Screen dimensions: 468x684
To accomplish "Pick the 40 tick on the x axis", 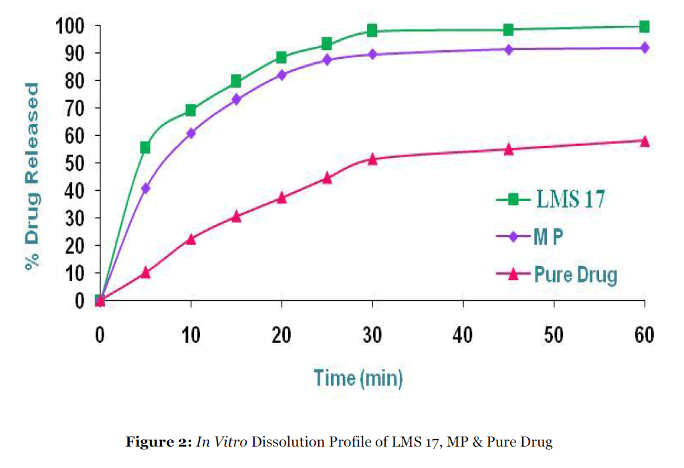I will click(x=463, y=335).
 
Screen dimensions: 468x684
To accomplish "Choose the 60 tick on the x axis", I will click(x=645, y=335).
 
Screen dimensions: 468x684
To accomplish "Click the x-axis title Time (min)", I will click(x=358, y=378).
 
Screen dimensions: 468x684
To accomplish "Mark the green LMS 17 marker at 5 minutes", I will click(x=145, y=147).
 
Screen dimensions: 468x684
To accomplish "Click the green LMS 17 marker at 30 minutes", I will click(x=372, y=30).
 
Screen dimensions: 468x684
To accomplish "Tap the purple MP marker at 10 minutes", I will click(x=191, y=133).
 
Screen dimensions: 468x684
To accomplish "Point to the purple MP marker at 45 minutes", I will click(x=508, y=49).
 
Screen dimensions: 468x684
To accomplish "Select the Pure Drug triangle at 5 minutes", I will click(x=145, y=272).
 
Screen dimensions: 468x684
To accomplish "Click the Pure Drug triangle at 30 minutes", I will click(x=372, y=159).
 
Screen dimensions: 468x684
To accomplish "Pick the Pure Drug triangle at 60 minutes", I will click(x=645, y=141).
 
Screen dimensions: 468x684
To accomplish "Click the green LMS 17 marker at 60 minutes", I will click(x=645, y=27).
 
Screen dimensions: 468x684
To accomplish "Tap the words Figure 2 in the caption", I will click(x=157, y=443).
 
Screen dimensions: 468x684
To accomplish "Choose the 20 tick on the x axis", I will click(x=281, y=335).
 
